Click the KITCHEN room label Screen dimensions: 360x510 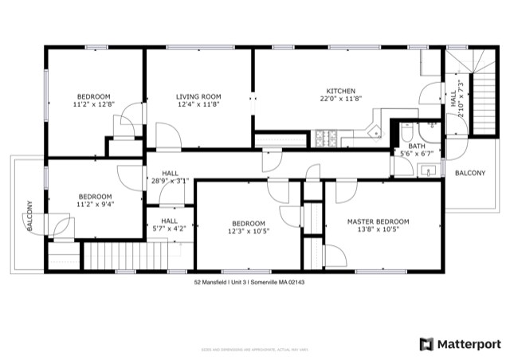[x=340, y=91]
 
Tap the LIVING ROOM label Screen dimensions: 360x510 [x=198, y=96]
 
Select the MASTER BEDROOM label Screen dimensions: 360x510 [x=378, y=221]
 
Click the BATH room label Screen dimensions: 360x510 [x=417, y=146]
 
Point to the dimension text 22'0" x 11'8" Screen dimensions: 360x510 [x=340, y=99]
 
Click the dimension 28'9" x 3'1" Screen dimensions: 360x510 [x=170, y=181]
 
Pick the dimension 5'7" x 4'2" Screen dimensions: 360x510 [x=170, y=229]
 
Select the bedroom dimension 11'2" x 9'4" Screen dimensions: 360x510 [x=95, y=204]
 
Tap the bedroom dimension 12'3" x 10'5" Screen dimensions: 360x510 [x=249, y=231]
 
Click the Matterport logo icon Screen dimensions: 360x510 [x=427, y=343]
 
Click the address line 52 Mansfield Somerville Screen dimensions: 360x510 [x=249, y=282]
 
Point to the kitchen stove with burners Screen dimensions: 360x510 [x=327, y=140]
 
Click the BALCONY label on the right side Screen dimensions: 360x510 [x=469, y=173]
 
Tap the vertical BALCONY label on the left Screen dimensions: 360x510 [x=29, y=216]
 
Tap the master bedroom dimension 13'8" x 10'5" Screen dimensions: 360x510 [x=378, y=229]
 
